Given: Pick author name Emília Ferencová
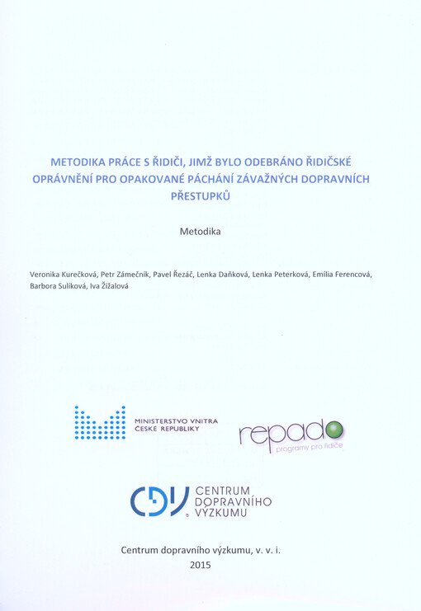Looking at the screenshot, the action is point(340,273).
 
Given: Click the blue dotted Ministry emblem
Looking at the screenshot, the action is point(99,423).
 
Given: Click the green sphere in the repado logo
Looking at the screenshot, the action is point(334,430).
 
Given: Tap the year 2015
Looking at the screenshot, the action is point(201,565).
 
